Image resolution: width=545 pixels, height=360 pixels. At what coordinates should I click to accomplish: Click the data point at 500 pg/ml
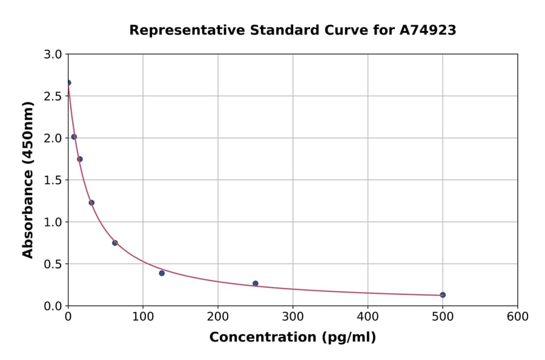[443, 295]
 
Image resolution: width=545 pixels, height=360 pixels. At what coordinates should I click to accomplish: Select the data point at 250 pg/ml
[256, 283]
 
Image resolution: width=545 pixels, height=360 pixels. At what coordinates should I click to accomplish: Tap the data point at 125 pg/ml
[162, 273]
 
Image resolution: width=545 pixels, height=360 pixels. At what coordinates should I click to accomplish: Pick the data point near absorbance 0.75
[115, 242]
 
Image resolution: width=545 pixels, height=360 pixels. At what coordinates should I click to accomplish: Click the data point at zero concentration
[68, 82]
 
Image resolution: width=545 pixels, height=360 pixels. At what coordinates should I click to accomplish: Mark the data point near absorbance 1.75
[80, 159]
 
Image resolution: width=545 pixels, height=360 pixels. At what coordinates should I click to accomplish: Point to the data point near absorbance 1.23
[91, 202]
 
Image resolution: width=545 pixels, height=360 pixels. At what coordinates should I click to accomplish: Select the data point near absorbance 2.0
[74, 136]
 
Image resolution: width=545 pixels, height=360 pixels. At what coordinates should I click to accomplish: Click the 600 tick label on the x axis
[517, 316]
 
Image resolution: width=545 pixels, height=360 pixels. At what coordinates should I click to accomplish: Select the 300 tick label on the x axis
[292, 316]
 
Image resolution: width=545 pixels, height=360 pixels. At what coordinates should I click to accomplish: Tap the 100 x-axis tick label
[143, 316]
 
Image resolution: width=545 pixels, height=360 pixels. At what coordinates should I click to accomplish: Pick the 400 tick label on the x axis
[368, 316]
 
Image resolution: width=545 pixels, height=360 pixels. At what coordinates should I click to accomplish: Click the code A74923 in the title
[428, 30]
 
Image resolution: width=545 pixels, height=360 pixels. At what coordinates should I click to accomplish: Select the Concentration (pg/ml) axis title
[292, 338]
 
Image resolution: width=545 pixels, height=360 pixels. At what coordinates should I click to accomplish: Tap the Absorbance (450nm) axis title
[28, 179]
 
